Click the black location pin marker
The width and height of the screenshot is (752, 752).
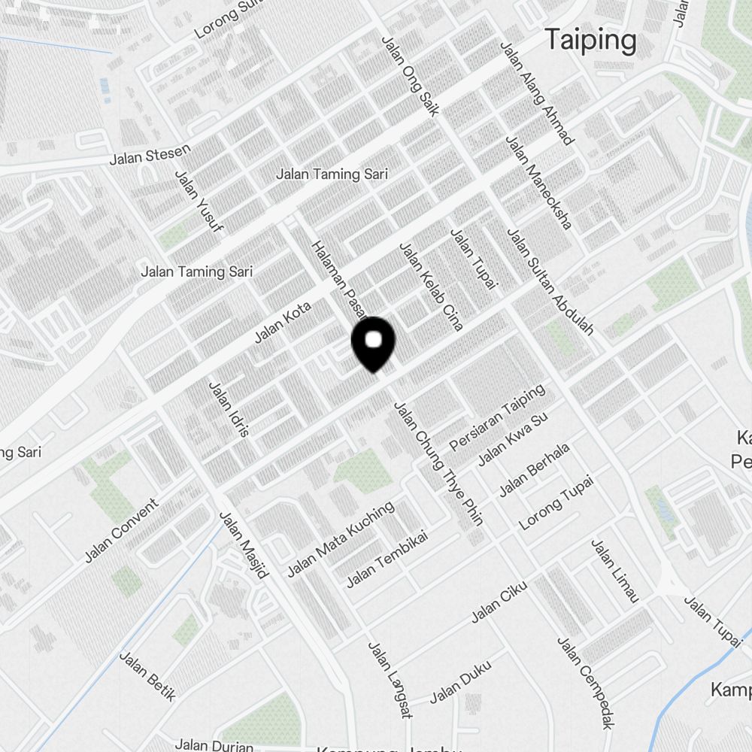pos(374,342)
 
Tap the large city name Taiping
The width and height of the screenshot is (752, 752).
pos(590,40)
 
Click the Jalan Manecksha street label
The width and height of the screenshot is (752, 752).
pos(538,182)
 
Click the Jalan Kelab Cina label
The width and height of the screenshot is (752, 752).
pos(431,287)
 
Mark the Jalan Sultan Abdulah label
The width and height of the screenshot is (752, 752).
pos(551,282)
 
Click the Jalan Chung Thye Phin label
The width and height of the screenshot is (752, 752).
pos(438,464)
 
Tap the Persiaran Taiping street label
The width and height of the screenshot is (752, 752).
pos(496,418)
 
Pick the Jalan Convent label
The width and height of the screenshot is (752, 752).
pos(122,530)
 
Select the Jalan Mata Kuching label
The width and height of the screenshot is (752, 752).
pos(341,540)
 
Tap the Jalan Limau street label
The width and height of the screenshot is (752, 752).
pos(614,571)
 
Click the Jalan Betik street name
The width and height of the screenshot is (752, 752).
pos(147,676)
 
